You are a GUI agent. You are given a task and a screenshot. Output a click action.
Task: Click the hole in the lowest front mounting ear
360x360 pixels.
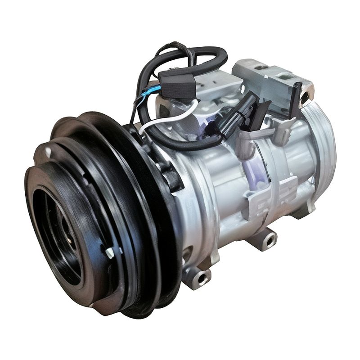[201, 275]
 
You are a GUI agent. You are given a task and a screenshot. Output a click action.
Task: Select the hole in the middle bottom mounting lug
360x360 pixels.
[269, 240]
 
